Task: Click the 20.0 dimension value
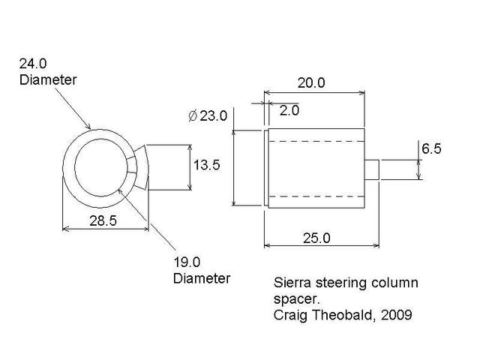point(310,83)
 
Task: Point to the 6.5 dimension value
point(431,149)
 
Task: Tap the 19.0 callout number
point(187,262)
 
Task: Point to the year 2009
point(396,316)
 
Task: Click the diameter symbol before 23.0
point(192,116)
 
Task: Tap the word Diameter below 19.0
point(201,279)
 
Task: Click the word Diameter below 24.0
point(47,79)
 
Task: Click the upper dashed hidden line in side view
point(315,142)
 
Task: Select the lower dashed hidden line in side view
point(315,196)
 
